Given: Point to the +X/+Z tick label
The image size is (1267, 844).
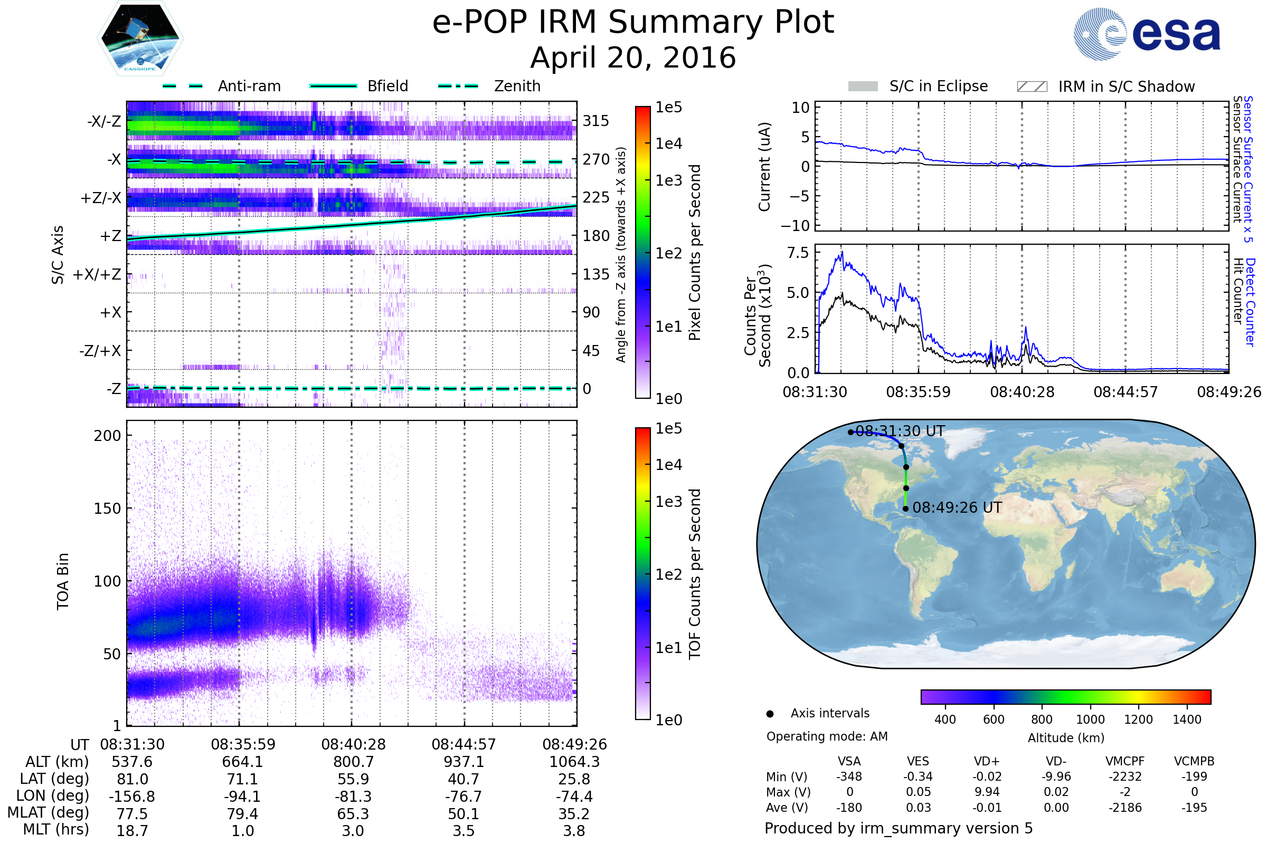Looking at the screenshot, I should click(x=97, y=274).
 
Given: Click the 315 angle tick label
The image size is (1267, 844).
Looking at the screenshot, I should click(x=596, y=121).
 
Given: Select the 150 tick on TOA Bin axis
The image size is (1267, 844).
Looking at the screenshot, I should click(x=107, y=509).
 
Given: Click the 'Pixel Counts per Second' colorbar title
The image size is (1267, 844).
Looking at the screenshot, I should click(x=695, y=253).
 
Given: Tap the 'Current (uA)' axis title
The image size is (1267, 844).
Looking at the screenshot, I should click(x=764, y=167).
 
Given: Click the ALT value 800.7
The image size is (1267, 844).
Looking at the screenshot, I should click(x=353, y=762).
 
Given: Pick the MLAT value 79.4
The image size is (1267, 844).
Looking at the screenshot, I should click(x=242, y=813).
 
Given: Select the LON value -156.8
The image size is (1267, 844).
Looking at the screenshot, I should click(x=132, y=796).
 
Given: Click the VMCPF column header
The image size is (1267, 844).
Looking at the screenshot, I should click(x=1125, y=761).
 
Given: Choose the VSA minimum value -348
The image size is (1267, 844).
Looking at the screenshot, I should click(x=849, y=776).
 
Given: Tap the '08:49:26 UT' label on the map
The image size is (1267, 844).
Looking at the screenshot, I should click(x=957, y=507).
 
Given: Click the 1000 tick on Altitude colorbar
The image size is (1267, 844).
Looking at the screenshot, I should click(x=1090, y=720).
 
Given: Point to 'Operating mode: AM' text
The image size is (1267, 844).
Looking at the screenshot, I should click(x=827, y=736).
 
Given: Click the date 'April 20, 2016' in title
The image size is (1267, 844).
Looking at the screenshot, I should click(x=633, y=58).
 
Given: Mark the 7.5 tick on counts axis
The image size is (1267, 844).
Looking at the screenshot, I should click(x=798, y=253).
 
